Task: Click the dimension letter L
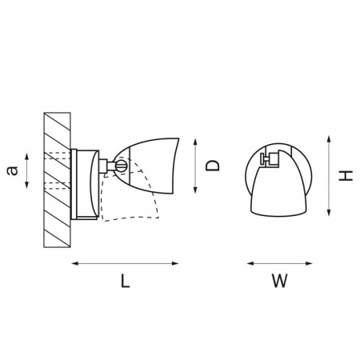126,281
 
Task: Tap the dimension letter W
280,281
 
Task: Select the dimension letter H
346,176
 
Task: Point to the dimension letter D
213,166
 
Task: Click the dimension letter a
12,170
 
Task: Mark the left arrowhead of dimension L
75,263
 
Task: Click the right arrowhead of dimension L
175,263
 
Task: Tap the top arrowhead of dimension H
329,139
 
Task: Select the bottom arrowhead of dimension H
329,212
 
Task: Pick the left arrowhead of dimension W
250,263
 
